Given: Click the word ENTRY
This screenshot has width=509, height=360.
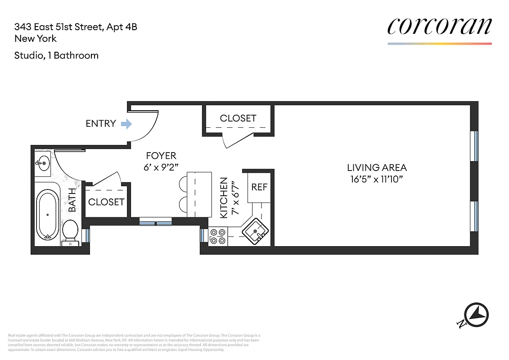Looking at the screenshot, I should coord(101,123).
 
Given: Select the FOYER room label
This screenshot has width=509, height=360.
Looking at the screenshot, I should coord(161,156).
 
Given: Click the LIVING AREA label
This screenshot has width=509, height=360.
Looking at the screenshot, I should coord(377,168).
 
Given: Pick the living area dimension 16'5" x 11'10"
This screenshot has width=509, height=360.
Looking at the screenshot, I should coord(377,180).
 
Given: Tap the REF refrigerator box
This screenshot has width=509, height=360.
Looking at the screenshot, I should coord(259,186).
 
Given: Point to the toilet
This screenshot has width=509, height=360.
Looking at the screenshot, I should coord(70,232).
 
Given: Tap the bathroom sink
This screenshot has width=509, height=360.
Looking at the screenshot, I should coord(44,163).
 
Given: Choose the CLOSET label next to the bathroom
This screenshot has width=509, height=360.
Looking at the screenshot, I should coord(106,202).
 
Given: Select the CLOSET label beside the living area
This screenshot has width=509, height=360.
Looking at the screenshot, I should coord(238,118).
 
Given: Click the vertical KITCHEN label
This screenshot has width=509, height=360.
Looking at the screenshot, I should coord(224,198).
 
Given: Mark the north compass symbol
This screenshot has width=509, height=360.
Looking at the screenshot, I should coord(476,313).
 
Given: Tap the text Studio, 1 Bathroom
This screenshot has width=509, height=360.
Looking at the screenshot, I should coord(56,55).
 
